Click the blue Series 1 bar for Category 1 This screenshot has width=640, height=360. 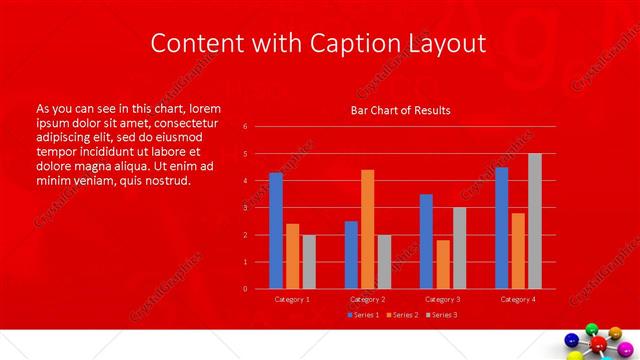tap(276, 231)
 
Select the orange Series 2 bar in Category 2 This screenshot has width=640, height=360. tap(367, 229)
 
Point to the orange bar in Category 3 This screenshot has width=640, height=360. tap(443, 264)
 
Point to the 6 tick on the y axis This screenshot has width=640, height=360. tap(245, 127)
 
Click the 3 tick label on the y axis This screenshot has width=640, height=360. tap(245, 208)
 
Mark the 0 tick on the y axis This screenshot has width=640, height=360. tap(245, 289)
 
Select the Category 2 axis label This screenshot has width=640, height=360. tap(367, 299)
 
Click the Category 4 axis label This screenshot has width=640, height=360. tap(518, 299)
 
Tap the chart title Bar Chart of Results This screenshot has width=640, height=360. tap(400, 110)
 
